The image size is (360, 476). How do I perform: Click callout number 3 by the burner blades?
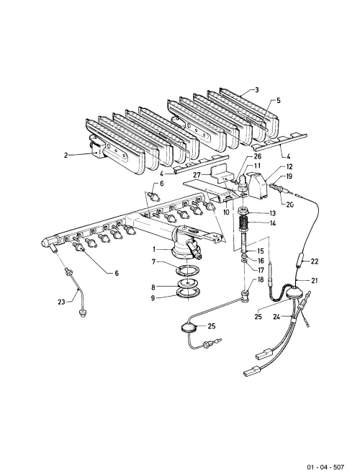click(257, 90)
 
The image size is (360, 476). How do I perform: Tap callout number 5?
click(279, 101)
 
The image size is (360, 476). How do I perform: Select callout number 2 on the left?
click(66, 155)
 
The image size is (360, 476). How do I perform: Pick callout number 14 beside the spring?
click(272, 224)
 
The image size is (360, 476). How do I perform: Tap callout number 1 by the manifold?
click(154, 250)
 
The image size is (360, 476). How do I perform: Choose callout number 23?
click(62, 302)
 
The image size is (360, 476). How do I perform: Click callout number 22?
click(315, 261)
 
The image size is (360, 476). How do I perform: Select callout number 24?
click(276, 318)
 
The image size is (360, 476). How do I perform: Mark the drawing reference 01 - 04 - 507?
click(325, 467)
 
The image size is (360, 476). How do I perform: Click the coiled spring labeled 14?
click(245, 224)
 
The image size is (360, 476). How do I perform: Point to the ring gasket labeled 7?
click(188, 269)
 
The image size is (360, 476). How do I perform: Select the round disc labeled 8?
click(188, 282)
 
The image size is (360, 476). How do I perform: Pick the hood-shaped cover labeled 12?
click(258, 184)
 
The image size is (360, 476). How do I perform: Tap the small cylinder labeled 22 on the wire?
click(301, 261)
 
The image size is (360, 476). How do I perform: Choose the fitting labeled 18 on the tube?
click(246, 295)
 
